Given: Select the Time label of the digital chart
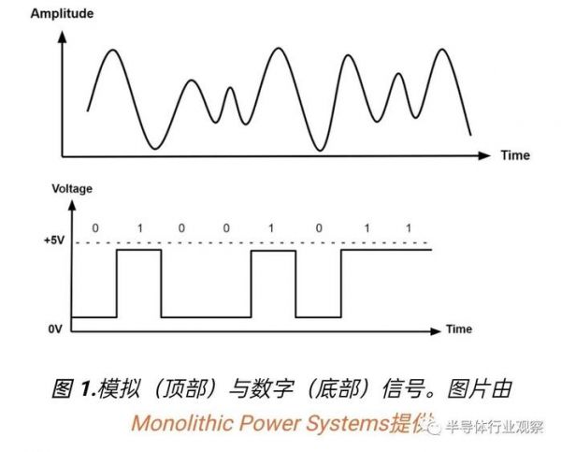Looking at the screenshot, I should (x=459, y=329).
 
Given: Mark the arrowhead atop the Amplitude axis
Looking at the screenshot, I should (x=63, y=33).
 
